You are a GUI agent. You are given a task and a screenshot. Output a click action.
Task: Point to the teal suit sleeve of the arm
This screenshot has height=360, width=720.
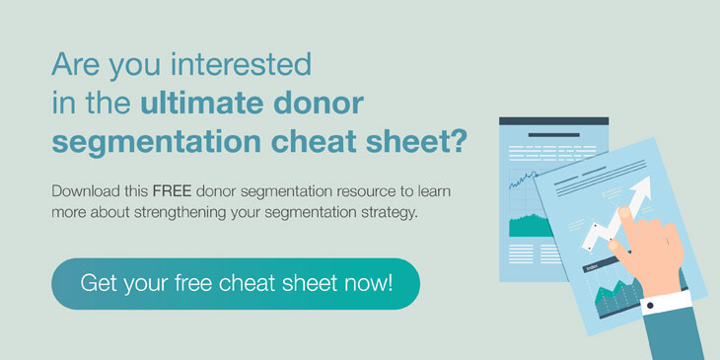(682, 335)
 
